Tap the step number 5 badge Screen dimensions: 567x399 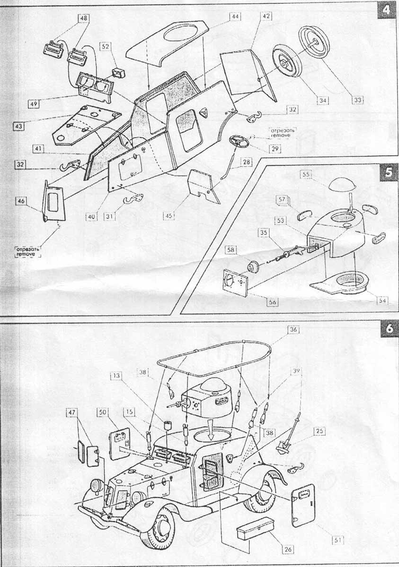[x=388, y=172]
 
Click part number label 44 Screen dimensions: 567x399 [x=234, y=16]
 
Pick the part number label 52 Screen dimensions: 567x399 [x=105, y=46]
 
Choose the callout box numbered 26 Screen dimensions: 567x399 [x=287, y=549]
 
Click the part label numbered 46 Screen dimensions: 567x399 [x=21, y=201]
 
